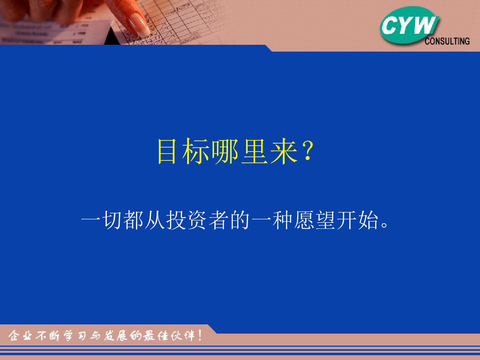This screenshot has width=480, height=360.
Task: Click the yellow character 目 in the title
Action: (167, 151)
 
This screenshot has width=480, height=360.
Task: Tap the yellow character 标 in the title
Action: (196, 151)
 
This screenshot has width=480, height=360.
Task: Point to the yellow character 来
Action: (284, 151)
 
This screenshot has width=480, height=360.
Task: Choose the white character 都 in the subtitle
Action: (133, 220)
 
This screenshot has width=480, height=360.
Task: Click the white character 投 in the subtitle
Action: (176, 220)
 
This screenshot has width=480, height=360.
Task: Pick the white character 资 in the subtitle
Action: (197, 220)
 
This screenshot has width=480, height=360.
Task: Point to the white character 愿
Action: (304, 220)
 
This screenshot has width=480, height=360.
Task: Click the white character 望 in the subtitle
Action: (325, 220)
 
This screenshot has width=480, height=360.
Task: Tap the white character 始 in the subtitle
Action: (368, 220)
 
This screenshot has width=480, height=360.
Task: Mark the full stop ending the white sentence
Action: (384, 225)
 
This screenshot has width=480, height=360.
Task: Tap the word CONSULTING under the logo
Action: (447, 41)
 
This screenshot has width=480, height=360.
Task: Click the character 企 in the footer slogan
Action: (14, 336)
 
